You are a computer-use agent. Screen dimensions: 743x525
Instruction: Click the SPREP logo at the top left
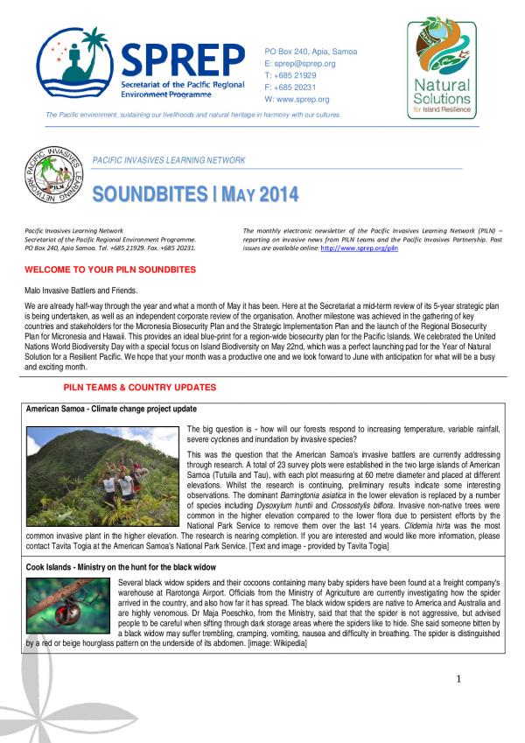pyautogui.click(x=140, y=65)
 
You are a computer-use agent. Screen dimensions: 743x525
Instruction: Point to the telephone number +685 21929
pyautogui.click(x=296, y=75)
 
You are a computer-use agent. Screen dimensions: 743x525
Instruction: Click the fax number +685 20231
pyautogui.click(x=296, y=87)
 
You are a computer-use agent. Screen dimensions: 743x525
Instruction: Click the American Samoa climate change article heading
pyautogui.click(x=111, y=409)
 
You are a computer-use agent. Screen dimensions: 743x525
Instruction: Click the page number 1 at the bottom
pyautogui.click(x=483, y=680)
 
